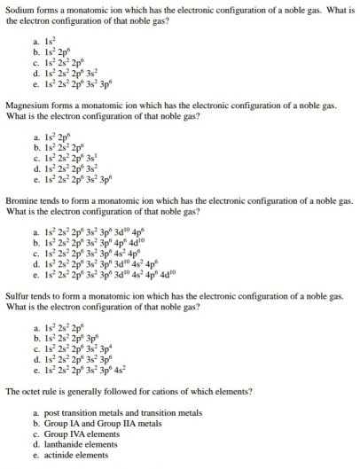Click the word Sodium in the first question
click(x=20, y=7)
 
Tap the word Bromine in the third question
click(x=22, y=200)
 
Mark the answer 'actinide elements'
click(x=74, y=456)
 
